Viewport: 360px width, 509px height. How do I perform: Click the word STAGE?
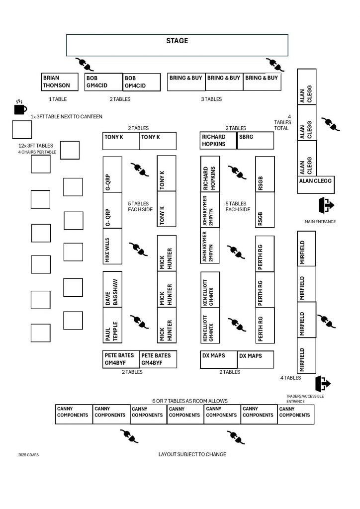177,41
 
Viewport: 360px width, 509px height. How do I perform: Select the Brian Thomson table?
60,82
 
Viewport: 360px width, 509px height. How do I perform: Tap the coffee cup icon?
20,107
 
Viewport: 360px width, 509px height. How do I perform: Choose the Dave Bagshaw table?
112,289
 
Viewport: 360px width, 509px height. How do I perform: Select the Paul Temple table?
112,325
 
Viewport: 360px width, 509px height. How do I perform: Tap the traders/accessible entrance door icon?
323,384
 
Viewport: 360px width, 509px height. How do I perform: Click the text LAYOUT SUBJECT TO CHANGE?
192,454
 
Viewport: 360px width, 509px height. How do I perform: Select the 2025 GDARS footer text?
28,455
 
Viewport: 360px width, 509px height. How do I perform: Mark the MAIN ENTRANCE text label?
320,221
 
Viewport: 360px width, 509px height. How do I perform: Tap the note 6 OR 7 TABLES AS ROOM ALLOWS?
189,401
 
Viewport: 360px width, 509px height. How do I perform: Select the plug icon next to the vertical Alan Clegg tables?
330,124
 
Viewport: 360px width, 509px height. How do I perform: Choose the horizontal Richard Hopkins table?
218,141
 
